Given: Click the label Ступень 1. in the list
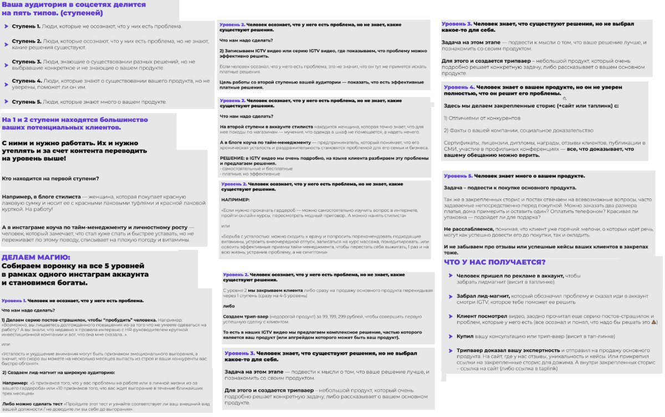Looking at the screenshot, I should click(26, 27).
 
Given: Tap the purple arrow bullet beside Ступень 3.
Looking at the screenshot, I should click(6, 62).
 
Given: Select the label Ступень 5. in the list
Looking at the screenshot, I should click(26, 102).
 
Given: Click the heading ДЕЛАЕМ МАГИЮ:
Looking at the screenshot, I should click(36, 257).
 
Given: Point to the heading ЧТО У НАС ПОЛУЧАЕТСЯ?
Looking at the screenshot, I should click(495, 262).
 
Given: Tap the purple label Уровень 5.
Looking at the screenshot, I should click(458, 176).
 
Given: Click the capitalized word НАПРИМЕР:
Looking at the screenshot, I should click(236, 199).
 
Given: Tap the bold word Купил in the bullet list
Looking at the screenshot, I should click(467, 337).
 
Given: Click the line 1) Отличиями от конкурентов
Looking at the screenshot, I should click(482, 118).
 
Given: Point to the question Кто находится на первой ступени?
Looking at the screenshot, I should click(50, 179).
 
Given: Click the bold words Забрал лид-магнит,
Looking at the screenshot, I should click(479, 296).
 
